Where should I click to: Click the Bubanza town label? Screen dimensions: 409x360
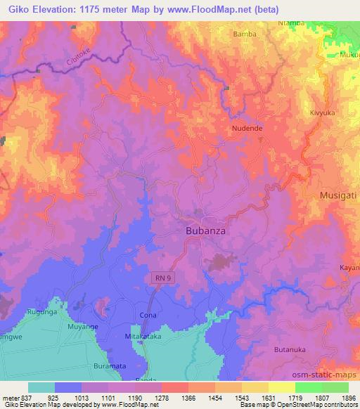pos(205,231)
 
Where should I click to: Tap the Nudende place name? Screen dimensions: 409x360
pos(247,129)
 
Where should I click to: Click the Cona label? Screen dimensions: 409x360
pos(148,316)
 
